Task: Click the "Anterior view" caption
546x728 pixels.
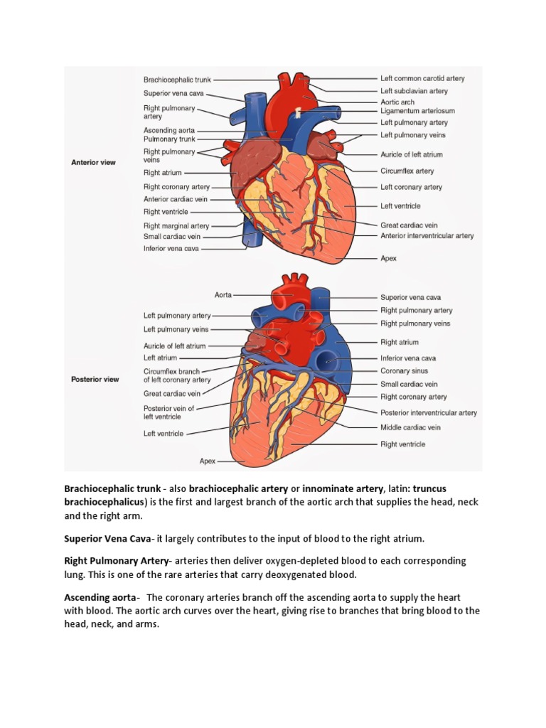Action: tap(93, 162)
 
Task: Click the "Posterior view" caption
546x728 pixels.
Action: tap(95, 379)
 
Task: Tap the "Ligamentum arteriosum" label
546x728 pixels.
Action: tap(417, 111)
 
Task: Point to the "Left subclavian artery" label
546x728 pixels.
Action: tap(414, 91)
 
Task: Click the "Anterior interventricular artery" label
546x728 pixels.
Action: tap(427, 236)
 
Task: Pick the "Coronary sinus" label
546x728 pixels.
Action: tap(404, 371)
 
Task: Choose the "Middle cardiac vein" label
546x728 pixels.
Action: tap(410, 428)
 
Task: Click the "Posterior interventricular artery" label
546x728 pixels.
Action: tap(428, 412)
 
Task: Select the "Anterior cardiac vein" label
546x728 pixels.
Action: tap(175, 199)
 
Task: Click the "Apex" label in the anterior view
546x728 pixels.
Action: tap(388, 259)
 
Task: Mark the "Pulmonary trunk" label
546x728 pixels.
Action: tap(169, 139)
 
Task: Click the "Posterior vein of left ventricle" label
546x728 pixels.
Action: tap(168, 412)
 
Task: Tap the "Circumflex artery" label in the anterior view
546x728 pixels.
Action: tap(407, 171)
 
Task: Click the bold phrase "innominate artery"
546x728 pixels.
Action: tap(343, 488)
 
